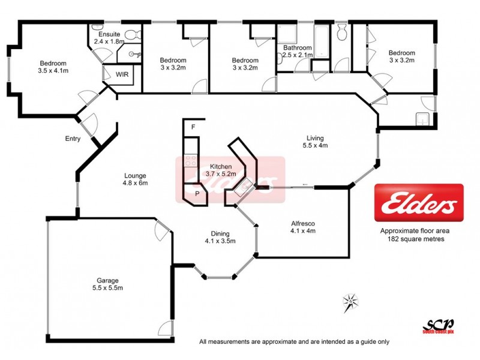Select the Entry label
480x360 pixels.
pyautogui.click(x=73, y=139)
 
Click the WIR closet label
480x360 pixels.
pyautogui.click(x=122, y=75)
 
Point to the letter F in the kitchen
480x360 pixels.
pyautogui.click(x=193, y=127)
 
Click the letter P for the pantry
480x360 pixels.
pyautogui.click(x=197, y=194)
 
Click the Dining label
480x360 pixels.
pyautogui.click(x=220, y=233)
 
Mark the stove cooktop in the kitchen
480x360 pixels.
pyautogui.click(x=191, y=161)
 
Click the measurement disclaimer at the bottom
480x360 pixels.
pyautogui.click(x=294, y=342)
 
